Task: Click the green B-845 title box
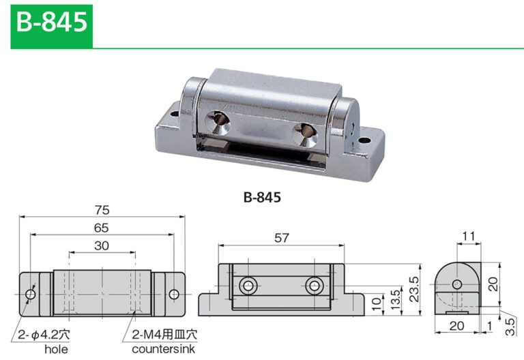pos(51,25)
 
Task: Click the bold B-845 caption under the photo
pos(261,198)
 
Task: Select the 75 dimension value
pos(102,210)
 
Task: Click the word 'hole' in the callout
pos(55,349)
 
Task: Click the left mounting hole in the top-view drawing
pos(30,295)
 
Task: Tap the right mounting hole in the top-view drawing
pos(174,295)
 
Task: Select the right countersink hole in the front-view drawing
pos(315,285)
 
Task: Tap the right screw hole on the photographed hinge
pos(303,133)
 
